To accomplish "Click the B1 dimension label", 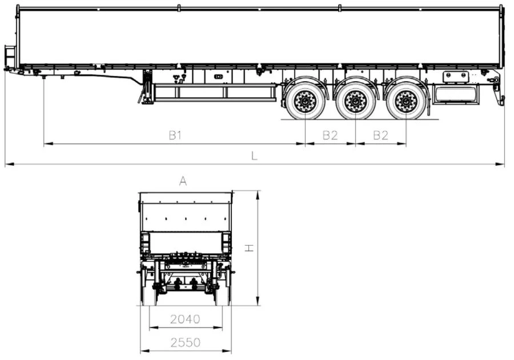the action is (x=175, y=135).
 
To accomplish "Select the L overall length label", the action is (x=254, y=156).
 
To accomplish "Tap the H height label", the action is (x=250, y=248).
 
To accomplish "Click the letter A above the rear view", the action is (x=183, y=181).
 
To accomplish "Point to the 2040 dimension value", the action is (x=185, y=319).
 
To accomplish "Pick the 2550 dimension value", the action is (x=185, y=342).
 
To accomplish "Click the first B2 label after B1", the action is (x=330, y=135).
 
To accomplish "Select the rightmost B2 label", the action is (x=380, y=135).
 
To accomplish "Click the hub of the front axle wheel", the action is (x=305, y=101).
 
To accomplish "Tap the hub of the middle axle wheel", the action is (x=356, y=101).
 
